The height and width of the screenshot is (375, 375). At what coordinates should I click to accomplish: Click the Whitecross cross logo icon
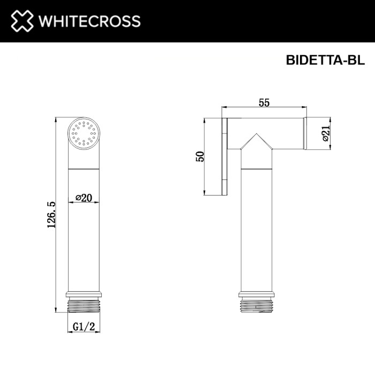19,21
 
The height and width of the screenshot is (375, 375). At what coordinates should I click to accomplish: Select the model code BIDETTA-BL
324,61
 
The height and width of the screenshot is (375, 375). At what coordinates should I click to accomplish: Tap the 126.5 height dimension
51,214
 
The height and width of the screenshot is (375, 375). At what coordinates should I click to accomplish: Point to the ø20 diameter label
84,198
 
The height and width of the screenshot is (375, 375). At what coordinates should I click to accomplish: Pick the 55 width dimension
264,103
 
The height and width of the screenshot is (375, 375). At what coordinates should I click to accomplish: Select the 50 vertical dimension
200,156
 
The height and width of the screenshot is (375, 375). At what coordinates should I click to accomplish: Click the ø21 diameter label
325,132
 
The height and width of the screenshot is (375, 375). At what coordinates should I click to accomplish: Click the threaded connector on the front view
84,306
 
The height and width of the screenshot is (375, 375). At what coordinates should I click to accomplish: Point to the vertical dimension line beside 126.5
57,214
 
